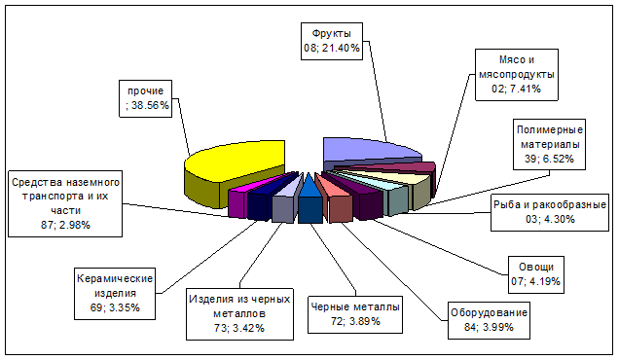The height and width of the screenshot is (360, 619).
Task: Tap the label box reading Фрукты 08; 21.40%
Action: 332,41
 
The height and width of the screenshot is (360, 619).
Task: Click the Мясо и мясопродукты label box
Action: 517,75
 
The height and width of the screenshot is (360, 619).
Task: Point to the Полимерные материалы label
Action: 550,144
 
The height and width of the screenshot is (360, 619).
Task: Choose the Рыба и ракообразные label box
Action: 550,212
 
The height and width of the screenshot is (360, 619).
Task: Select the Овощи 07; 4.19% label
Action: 536,274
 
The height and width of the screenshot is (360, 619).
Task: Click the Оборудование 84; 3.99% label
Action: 489,320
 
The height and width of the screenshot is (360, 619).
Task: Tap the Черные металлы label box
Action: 355,314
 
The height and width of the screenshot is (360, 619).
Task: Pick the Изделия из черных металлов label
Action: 239,314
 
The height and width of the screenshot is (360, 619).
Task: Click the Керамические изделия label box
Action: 115,293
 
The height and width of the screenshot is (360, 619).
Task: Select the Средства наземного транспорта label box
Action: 65,203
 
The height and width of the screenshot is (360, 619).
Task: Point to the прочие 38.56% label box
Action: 145,98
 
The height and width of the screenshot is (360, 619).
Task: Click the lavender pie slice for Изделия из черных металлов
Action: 286,201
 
